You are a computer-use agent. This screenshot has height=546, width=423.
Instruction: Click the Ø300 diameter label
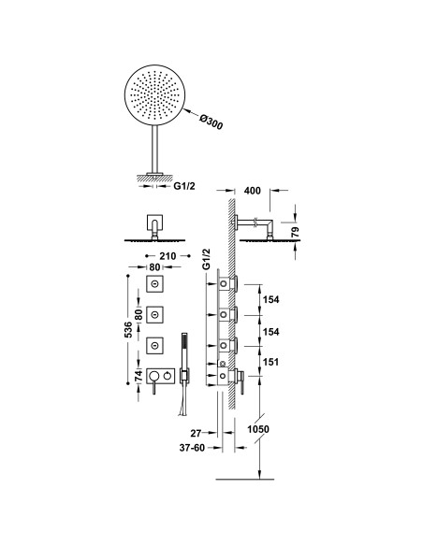click(211, 122)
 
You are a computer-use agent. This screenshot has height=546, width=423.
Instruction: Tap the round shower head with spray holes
click(154, 94)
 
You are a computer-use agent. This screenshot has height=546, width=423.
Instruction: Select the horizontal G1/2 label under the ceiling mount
click(184, 186)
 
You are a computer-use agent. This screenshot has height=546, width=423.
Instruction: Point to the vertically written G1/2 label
click(207, 259)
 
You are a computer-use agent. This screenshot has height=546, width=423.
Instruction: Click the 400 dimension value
click(253, 191)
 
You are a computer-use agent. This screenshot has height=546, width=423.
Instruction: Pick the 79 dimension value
click(296, 232)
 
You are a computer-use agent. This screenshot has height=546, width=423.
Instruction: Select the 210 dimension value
click(168, 256)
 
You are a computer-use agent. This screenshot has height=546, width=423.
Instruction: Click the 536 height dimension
click(128, 329)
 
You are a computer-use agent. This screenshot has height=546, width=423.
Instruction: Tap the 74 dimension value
click(139, 375)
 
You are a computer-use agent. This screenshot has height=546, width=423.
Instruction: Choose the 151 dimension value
click(270, 362)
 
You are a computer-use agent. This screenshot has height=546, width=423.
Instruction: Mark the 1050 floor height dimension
click(258, 429)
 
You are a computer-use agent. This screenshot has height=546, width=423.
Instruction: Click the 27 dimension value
click(196, 433)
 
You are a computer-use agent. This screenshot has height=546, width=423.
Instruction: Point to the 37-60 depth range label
click(193, 448)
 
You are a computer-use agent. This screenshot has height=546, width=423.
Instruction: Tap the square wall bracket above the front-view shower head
click(154, 223)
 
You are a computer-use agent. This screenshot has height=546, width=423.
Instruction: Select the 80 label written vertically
click(139, 315)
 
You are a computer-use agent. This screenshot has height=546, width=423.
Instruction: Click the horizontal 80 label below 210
click(154, 267)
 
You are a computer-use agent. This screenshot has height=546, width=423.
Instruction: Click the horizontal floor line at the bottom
click(245, 480)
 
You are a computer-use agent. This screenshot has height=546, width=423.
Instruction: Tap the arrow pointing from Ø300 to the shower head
click(191, 113)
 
